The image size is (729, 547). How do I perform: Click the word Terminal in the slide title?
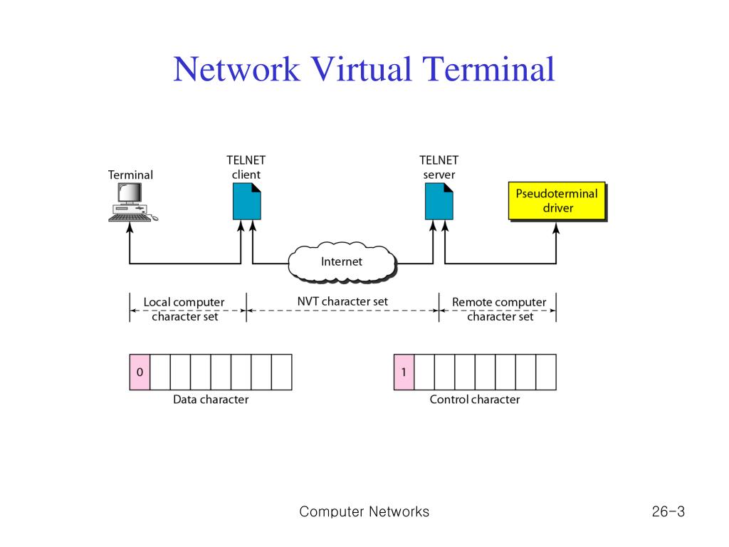pyautogui.click(x=488, y=70)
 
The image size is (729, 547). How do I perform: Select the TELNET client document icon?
pyautogui.click(x=246, y=201)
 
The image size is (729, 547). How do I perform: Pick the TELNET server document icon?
pyautogui.click(x=439, y=201)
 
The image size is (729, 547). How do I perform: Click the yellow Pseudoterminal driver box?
pyautogui.click(x=556, y=200)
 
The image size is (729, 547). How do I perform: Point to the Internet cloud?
pyautogui.click(x=342, y=262)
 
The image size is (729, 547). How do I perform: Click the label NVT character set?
pyautogui.click(x=342, y=301)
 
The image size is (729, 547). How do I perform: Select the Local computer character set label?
pyautogui.click(x=184, y=309)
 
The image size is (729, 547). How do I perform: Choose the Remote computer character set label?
pyautogui.click(x=499, y=309)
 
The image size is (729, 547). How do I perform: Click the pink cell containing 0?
pyautogui.click(x=140, y=372)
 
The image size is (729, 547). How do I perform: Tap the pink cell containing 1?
pyautogui.click(x=404, y=372)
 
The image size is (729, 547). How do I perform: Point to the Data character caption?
pyautogui.click(x=211, y=400)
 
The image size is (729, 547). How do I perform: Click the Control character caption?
pyautogui.click(x=474, y=400)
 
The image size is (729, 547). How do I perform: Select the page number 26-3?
pyautogui.click(x=667, y=511)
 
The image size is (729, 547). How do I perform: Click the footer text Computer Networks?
pyautogui.click(x=364, y=511)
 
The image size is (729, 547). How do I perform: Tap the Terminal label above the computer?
pyautogui.click(x=130, y=174)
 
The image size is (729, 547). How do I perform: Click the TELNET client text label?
pyautogui.click(x=246, y=167)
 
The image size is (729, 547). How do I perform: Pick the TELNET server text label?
pyautogui.click(x=439, y=167)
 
